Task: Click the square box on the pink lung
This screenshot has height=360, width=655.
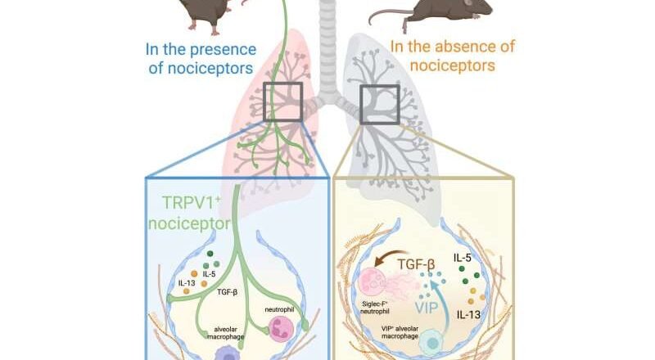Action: point(282,102)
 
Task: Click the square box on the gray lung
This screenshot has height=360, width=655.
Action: point(379,102)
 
